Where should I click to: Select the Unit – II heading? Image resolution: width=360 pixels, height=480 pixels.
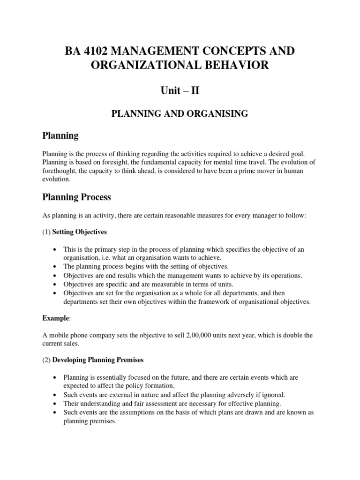[180, 90]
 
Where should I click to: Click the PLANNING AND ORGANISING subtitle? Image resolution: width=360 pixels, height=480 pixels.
[180, 114]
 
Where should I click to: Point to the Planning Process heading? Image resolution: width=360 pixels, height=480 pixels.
[76, 197]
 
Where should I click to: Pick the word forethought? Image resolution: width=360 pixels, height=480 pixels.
[62, 171]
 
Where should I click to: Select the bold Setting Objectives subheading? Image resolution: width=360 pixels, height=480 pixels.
[79, 232]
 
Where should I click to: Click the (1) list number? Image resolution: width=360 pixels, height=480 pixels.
[46, 232]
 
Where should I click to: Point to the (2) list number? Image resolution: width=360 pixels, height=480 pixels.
[46, 360]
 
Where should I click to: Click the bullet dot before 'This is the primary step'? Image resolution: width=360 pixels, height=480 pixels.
[56, 249]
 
